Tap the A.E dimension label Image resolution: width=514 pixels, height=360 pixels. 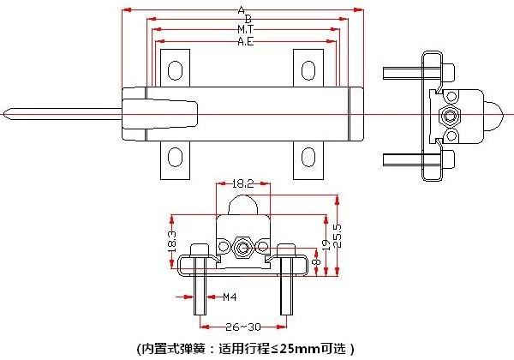(x=245, y=40)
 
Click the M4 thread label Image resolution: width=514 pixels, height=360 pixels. (x=230, y=297)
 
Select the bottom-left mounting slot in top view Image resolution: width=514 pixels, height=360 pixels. (x=175, y=157)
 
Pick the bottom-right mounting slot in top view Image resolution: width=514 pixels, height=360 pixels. (x=308, y=157)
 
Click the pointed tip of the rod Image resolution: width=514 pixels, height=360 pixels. (x=7, y=113)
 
